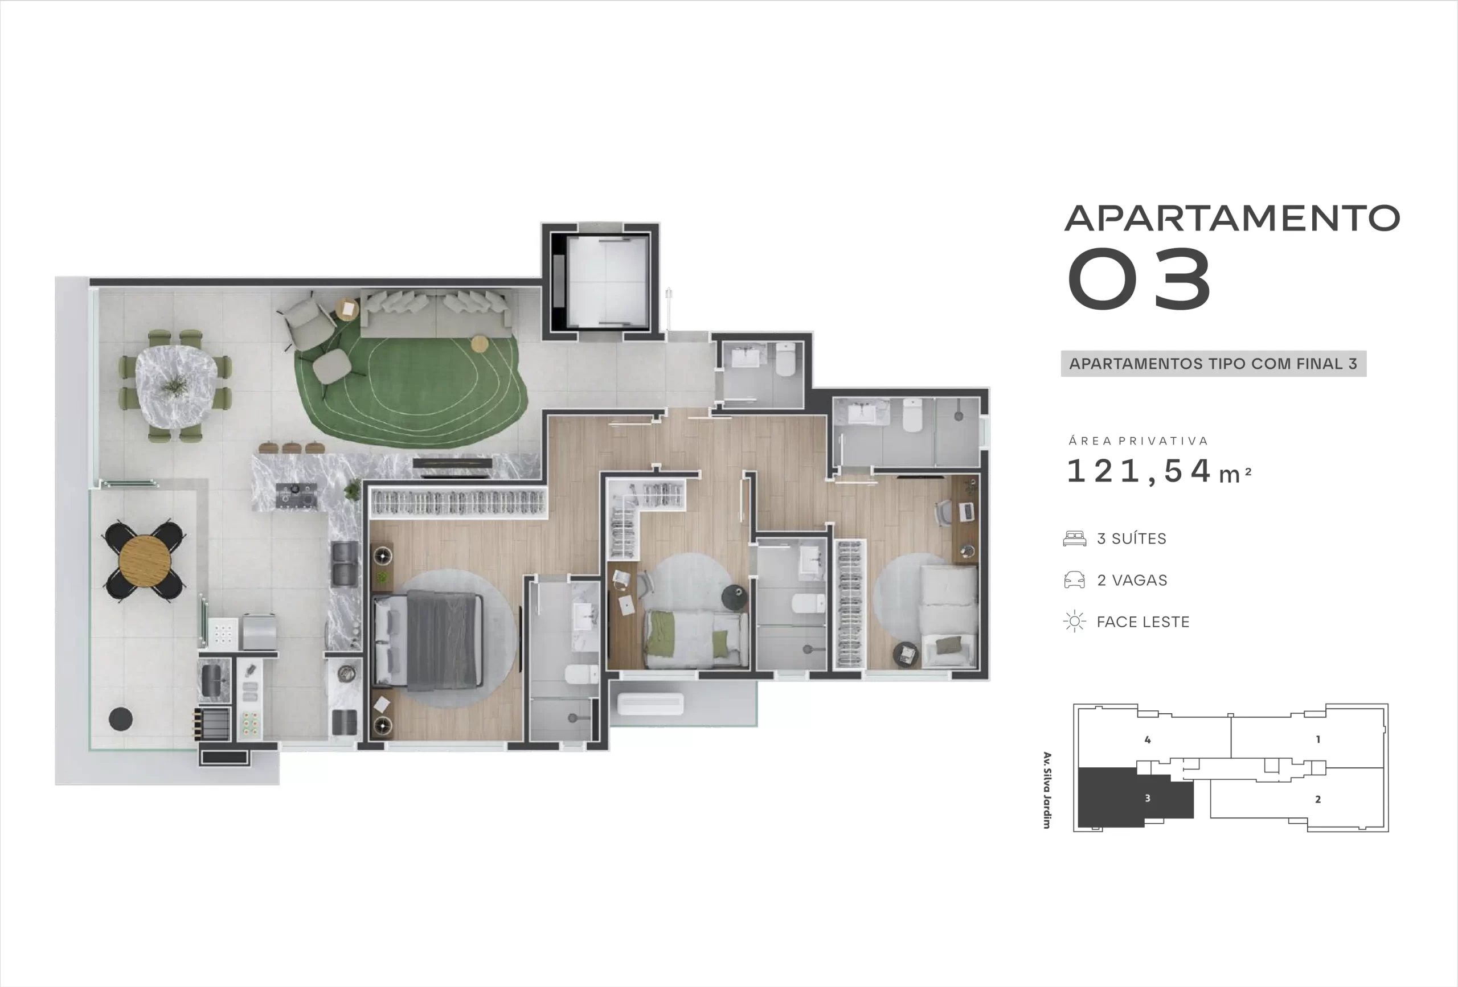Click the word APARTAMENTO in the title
pyautogui.click(x=1232, y=217)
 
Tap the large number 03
pyautogui.click(x=1138, y=278)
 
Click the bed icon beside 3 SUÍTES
pyautogui.click(x=1075, y=538)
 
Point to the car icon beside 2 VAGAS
pyautogui.click(x=1075, y=580)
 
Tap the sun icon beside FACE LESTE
pyautogui.click(x=1075, y=622)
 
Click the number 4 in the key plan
pyautogui.click(x=1148, y=740)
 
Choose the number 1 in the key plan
pyautogui.click(x=1317, y=739)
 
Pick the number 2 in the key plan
pyautogui.click(x=1317, y=800)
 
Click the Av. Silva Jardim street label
pyautogui.click(x=1046, y=790)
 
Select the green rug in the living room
pyautogui.click(x=409, y=386)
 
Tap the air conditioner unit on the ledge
pyautogui.click(x=650, y=704)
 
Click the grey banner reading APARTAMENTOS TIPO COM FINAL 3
pyautogui.click(x=1213, y=364)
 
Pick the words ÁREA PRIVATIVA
pyautogui.click(x=1138, y=441)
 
